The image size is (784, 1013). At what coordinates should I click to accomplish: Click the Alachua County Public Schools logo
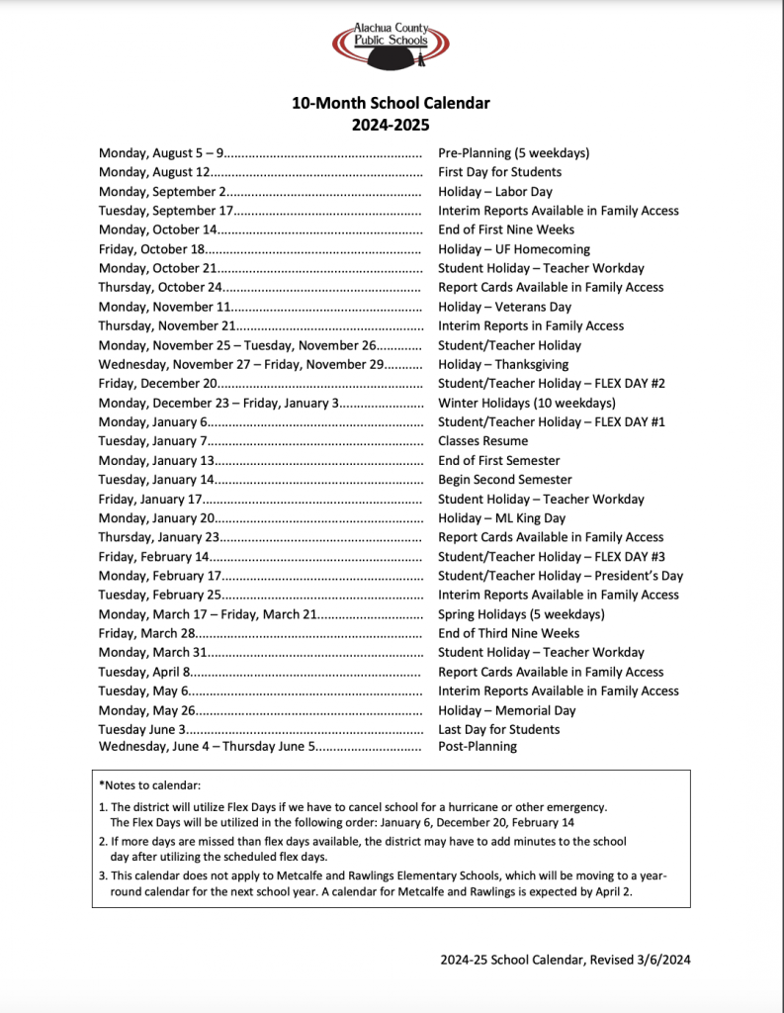(391, 46)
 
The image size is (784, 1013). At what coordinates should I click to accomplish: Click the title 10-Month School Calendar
(391, 103)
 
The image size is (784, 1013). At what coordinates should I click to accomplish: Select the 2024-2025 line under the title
(391, 126)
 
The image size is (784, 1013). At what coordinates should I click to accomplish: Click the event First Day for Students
(499, 172)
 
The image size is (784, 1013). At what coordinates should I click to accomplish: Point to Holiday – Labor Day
(495, 192)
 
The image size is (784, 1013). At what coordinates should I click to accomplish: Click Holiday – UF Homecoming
(514, 249)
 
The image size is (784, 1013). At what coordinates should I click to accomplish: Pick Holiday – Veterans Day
(504, 307)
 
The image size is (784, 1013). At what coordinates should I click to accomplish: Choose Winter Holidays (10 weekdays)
(527, 403)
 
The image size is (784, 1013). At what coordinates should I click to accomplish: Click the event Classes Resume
(483, 441)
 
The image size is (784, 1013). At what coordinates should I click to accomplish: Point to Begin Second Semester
(505, 480)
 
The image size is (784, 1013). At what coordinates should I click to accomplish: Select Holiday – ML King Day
(502, 518)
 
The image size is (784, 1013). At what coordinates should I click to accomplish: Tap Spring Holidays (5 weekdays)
(521, 614)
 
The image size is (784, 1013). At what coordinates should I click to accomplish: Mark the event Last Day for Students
(498, 729)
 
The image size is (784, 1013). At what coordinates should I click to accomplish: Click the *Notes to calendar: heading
(149, 785)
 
